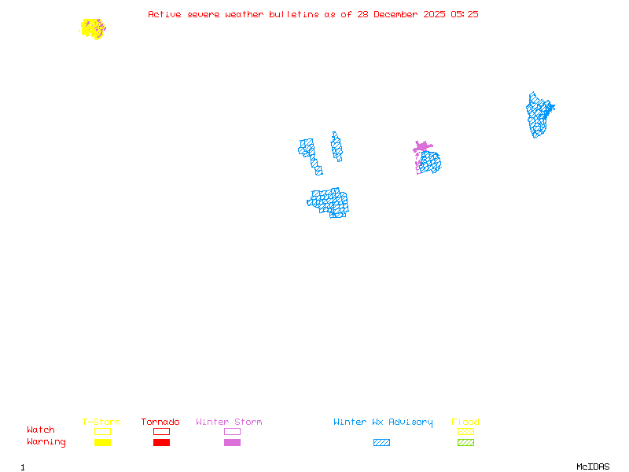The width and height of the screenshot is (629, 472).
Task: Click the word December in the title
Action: pos(388,14)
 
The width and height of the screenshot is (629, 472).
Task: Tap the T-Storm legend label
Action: pos(101,422)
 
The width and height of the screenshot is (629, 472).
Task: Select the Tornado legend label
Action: pos(160,422)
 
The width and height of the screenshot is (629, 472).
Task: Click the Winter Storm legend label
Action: pos(229,422)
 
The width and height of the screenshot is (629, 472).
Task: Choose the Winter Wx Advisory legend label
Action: pos(383,422)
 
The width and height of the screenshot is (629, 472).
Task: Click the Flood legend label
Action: pos(465,422)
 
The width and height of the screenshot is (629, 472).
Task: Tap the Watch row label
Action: pos(41,430)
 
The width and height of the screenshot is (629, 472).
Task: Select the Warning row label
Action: pos(46,442)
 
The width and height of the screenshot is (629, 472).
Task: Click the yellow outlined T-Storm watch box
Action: pos(102,431)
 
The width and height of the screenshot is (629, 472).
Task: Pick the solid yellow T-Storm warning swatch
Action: pos(102,443)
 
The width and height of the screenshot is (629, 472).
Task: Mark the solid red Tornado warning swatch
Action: pos(161,443)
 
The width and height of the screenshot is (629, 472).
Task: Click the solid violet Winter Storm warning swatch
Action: pos(232,443)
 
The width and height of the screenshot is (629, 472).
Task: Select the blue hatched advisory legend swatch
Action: pos(381,443)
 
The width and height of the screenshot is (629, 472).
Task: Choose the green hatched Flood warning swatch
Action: pos(465,443)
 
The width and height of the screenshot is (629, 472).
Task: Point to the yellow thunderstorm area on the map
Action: pos(91,28)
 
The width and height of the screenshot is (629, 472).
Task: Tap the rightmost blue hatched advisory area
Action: pos(539,115)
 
